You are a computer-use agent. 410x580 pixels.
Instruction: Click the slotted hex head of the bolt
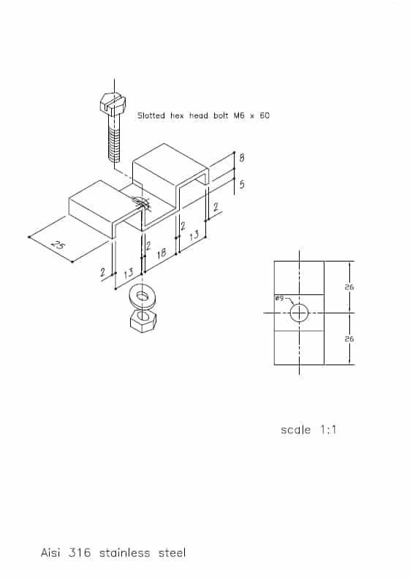coord(113,103)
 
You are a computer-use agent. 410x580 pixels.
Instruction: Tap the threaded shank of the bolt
coord(114,139)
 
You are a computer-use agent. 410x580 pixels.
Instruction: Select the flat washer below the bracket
coord(143,297)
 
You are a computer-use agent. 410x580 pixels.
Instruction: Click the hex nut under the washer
coord(143,321)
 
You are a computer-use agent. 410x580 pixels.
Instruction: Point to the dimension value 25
coord(57,245)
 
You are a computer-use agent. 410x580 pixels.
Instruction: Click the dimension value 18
coord(162,253)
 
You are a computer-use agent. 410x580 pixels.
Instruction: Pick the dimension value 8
coord(242,158)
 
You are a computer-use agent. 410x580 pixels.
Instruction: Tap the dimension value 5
coord(242,184)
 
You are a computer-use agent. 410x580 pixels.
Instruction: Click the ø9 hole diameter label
coord(279,298)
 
